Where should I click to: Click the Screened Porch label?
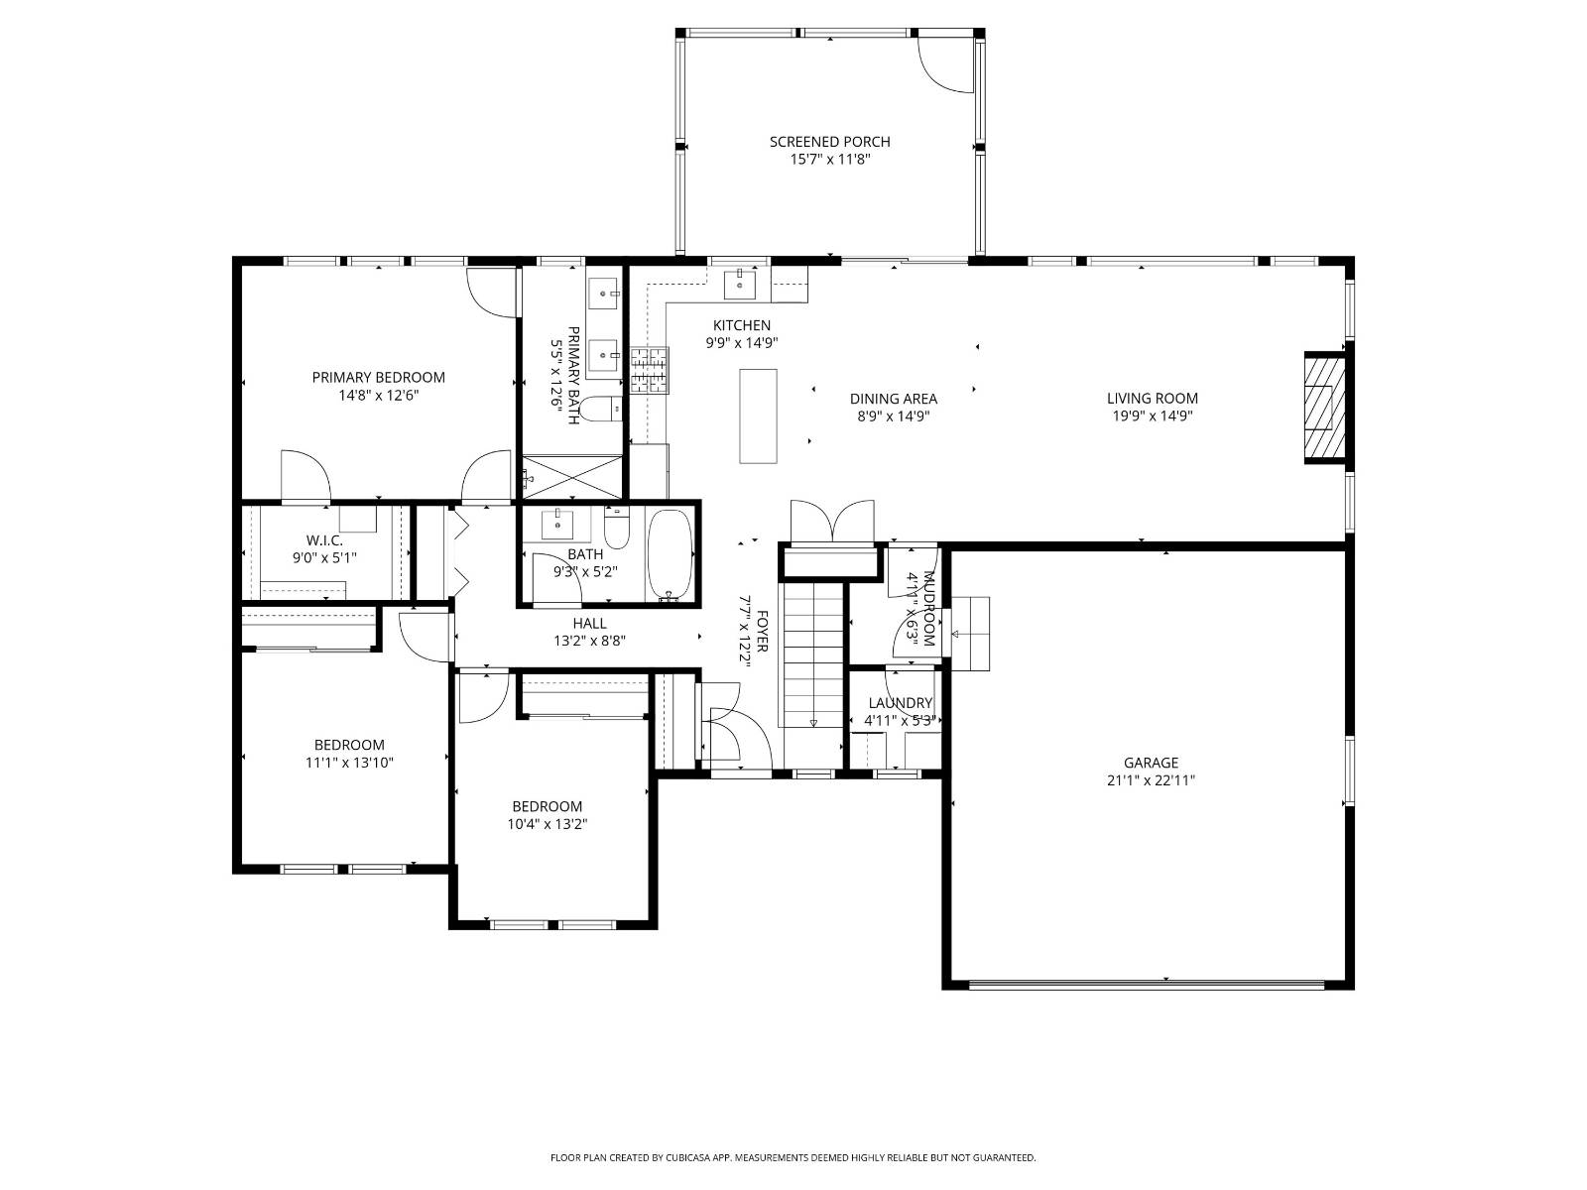tap(829, 142)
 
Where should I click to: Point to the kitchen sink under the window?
tap(740, 284)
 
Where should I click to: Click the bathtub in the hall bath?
tap(671, 555)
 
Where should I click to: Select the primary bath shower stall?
tap(572, 477)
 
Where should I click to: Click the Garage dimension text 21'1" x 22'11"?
tap(1151, 780)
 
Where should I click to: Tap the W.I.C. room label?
tap(324, 540)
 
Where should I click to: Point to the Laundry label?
tap(900, 703)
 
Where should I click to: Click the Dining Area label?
tap(893, 399)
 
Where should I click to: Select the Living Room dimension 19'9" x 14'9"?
tap(1152, 416)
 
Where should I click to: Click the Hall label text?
tap(589, 623)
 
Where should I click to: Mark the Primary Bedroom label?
tap(378, 377)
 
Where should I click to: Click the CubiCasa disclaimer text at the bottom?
tap(793, 1157)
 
